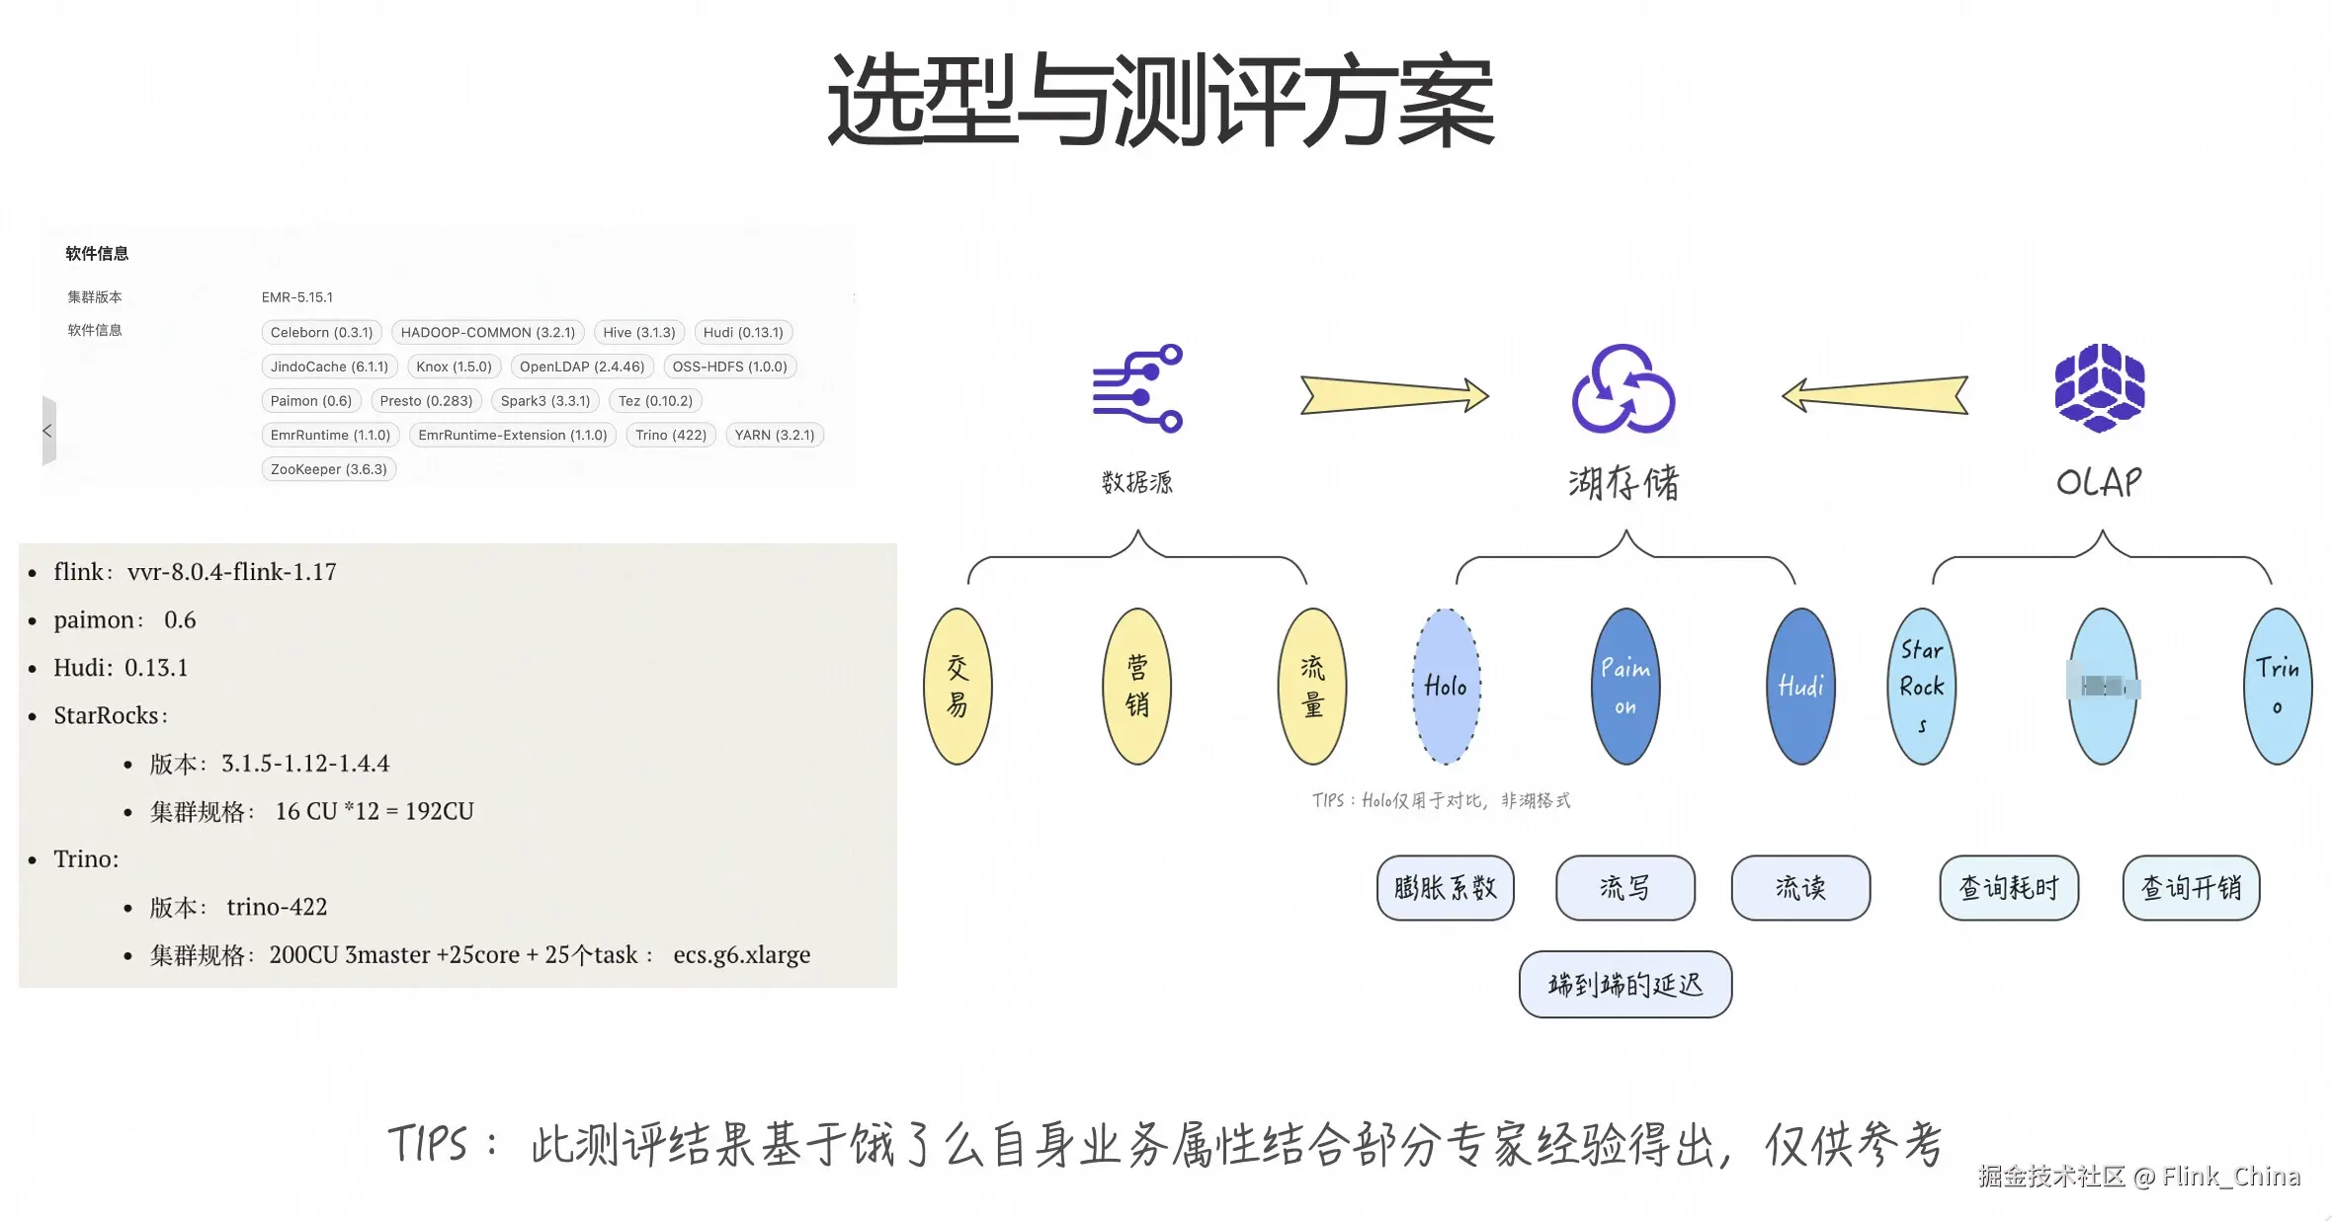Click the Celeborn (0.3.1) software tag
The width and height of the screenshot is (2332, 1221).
point(321,333)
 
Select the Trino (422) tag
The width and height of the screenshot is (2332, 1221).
point(670,436)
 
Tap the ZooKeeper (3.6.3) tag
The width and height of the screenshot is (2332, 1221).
point(328,469)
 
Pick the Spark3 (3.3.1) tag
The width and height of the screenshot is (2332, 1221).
point(544,401)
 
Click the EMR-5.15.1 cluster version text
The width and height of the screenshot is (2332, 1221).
point(296,297)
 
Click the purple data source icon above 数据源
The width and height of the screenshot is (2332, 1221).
point(1137,388)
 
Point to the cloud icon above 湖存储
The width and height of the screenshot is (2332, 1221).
point(1623,388)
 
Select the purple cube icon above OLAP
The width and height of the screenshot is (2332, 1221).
point(2100,388)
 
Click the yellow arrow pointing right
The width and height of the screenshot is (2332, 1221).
point(1393,395)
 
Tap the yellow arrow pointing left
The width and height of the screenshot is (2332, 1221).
point(1874,395)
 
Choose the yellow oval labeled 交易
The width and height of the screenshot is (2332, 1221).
point(958,687)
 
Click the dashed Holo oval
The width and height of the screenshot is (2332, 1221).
point(1446,687)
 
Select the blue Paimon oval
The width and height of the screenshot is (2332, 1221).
point(1625,687)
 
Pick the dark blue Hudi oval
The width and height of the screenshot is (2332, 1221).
point(1800,687)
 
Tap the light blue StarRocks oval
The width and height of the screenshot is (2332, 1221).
point(1921,687)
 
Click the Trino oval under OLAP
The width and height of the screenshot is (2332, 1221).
point(2278,687)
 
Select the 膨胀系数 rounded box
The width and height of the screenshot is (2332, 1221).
point(1445,888)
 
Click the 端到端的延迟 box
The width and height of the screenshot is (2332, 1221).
point(1624,985)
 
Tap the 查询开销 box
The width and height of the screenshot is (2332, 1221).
point(2191,888)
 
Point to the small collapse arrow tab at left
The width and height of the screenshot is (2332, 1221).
point(48,431)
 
